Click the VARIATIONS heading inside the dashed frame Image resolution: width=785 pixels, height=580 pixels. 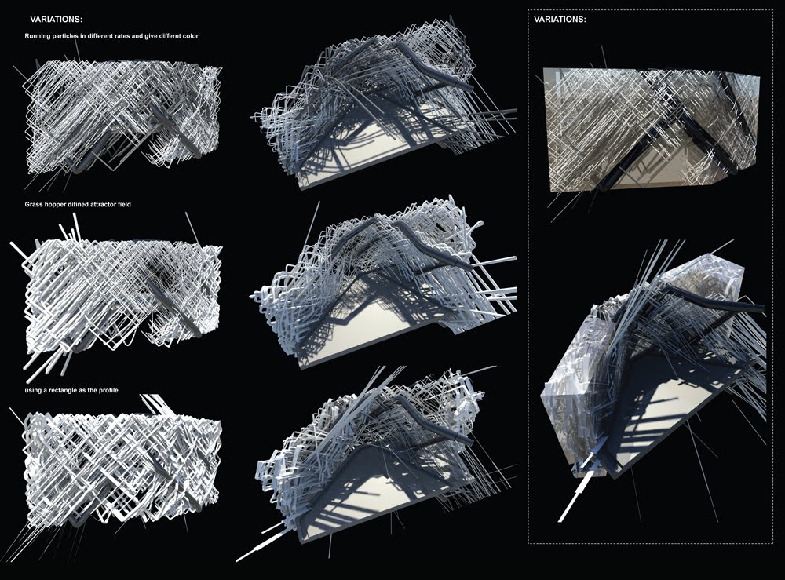pos(560,18)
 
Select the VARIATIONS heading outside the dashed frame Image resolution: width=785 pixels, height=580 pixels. pos(57,18)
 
